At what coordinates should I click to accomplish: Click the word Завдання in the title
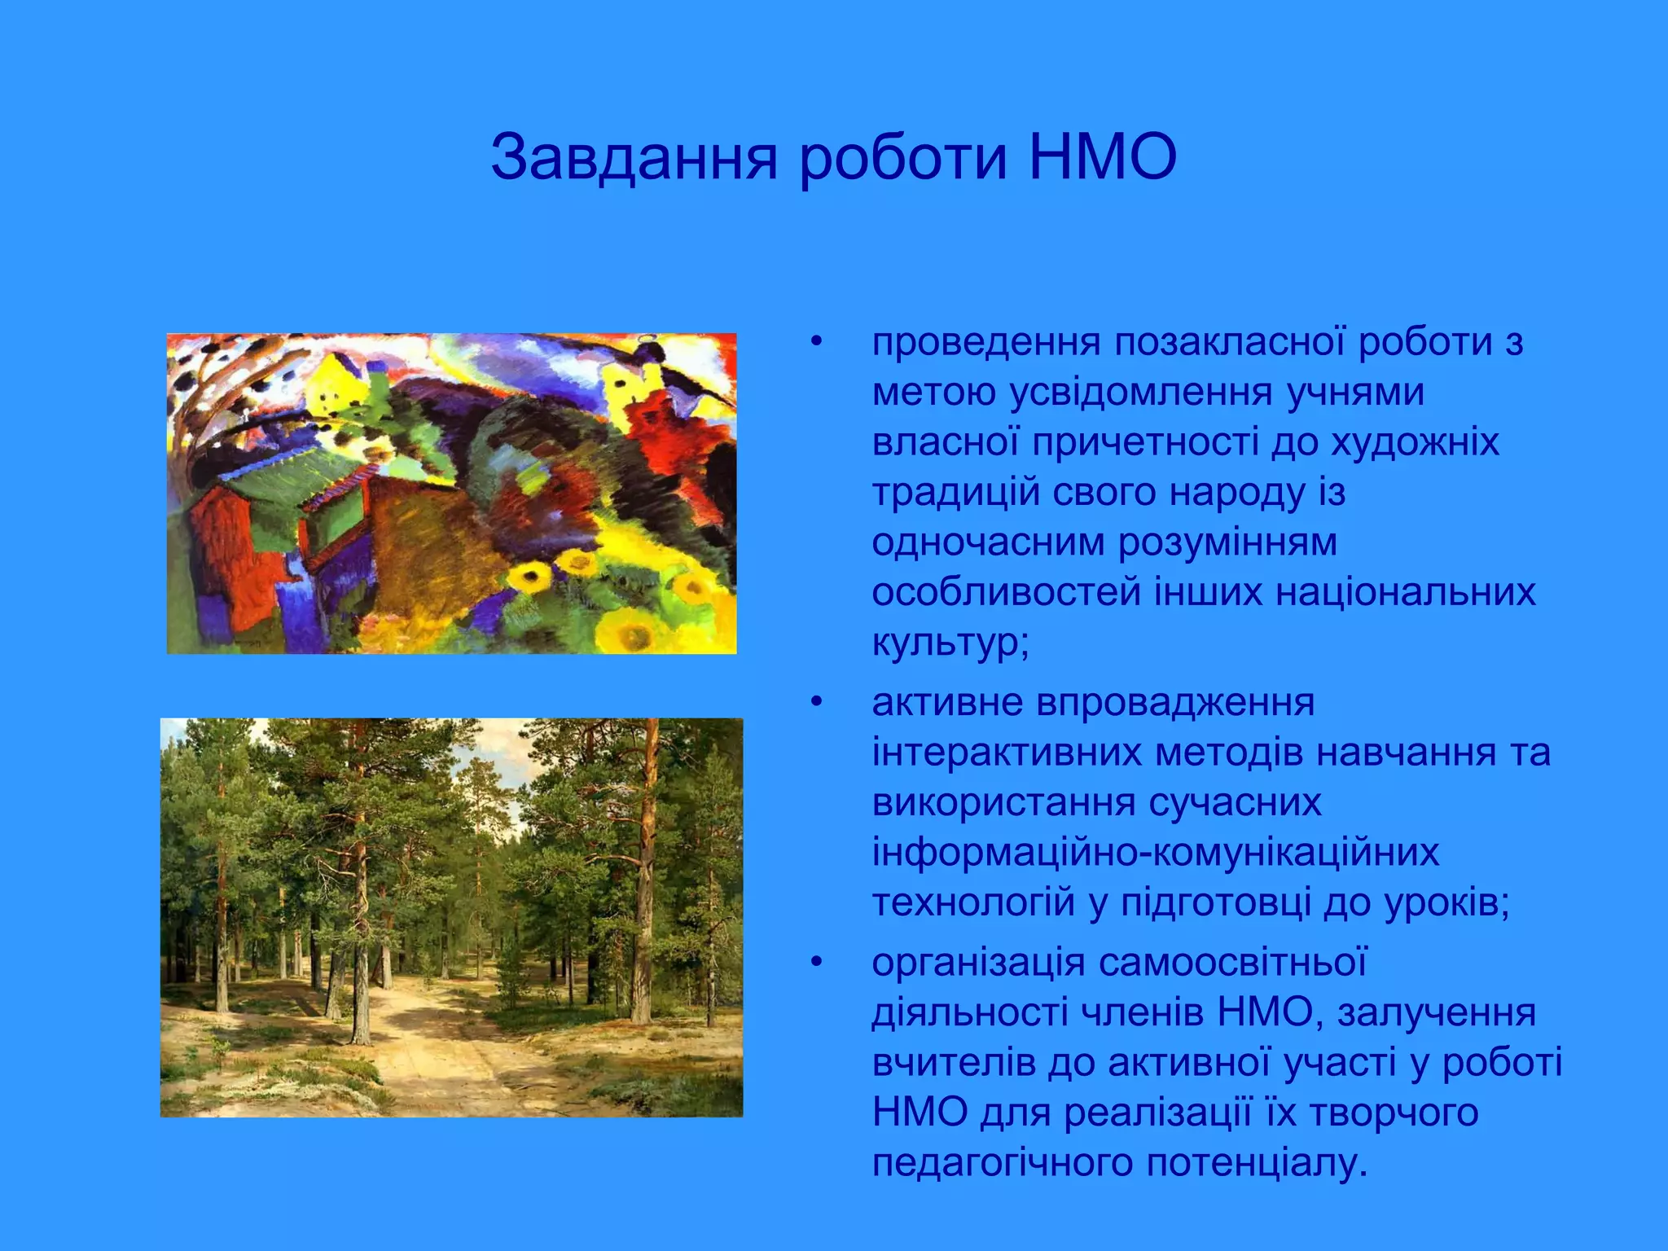pos(634,157)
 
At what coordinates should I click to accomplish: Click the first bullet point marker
pos(817,342)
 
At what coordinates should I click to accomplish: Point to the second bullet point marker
pos(817,702)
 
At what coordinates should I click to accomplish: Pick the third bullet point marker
pos(817,963)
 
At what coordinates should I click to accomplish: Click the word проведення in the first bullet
pos(986,343)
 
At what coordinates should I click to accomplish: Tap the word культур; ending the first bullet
pos(950,643)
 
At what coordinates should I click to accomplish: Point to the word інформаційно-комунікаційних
pos(1155,853)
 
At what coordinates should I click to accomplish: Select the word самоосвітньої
pos(1231,963)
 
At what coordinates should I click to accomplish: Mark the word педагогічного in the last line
pos(1002,1164)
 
